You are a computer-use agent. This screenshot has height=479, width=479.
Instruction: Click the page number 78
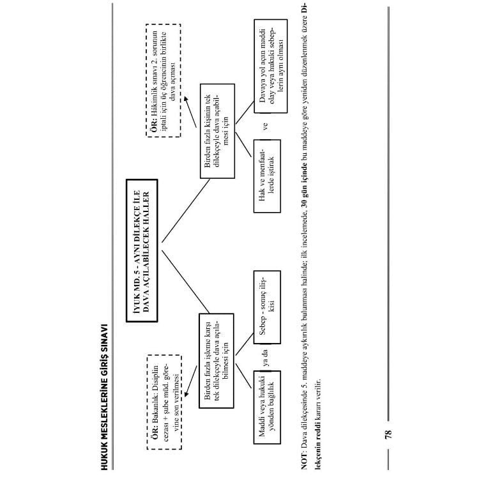[388, 434]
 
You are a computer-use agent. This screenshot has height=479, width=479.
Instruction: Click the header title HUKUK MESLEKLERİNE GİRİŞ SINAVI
[105, 397]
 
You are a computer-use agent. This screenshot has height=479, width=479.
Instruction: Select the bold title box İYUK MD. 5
[142, 250]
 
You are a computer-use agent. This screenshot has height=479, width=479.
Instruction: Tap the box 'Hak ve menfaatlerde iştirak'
[267, 176]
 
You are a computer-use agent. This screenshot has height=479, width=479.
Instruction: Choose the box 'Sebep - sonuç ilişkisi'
[267, 307]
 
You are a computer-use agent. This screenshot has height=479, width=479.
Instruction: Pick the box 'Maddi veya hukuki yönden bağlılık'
[267, 407]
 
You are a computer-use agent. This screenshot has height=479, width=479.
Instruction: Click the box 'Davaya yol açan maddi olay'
[271, 66]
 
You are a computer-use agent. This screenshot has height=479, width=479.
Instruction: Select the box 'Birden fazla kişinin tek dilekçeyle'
[217, 131]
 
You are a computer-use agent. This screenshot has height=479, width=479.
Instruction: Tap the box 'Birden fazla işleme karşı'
[217, 361]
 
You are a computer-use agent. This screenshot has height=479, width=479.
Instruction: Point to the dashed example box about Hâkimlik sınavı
[163, 80]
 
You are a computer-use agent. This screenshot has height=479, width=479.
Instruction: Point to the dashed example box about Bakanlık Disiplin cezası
[164, 402]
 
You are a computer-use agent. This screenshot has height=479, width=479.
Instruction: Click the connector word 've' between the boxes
[266, 126]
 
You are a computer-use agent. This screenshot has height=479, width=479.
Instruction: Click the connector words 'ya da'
[266, 358]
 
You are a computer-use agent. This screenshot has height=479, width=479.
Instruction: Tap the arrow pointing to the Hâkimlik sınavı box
[190, 112]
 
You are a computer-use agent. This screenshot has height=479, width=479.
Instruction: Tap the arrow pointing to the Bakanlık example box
[190, 381]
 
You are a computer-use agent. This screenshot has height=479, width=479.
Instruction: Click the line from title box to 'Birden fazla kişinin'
[186, 211]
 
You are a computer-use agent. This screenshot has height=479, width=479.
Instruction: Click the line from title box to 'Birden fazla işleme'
[185, 282]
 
